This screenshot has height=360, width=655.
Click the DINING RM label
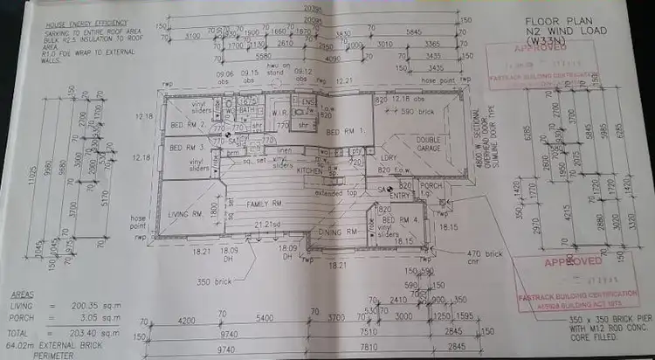click(x=337, y=232)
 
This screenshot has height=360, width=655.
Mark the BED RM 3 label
click(x=184, y=149)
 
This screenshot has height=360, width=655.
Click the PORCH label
click(x=431, y=185)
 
